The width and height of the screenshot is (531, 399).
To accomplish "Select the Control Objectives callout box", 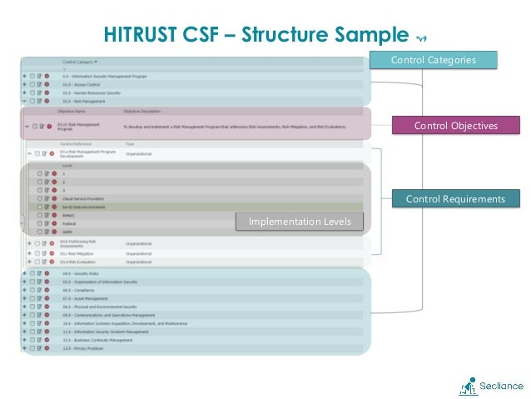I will pyautogui.click(x=455, y=126).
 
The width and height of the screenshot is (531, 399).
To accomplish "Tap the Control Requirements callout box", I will pyautogui.click(x=455, y=199).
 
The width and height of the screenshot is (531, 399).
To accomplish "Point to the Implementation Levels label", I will pyautogui.click(x=299, y=222).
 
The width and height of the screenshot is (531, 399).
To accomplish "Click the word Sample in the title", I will pyautogui.click(x=373, y=35).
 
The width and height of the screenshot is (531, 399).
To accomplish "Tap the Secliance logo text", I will pyautogui.click(x=501, y=386).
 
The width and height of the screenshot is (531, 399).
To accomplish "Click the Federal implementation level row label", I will pyautogui.click(x=68, y=222).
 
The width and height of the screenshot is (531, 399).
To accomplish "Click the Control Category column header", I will pyautogui.click(x=79, y=61).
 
